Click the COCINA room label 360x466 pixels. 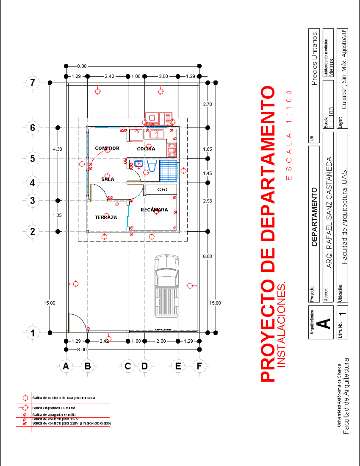click(x=146, y=149)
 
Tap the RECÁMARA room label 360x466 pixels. click(x=154, y=210)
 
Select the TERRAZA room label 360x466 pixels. click(x=106, y=217)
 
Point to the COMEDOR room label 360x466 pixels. click(x=107, y=148)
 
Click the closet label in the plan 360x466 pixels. click(x=162, y=189)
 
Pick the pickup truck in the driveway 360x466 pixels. click(x=167, y=286)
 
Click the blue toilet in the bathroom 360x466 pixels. click(x=152, y=166)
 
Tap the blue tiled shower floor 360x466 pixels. click(x=168, y=171)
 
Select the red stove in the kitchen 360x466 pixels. click(x=172, y=150)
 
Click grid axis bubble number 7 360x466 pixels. click(x=33, y=83)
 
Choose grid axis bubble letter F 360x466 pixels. click(x=199, y=366)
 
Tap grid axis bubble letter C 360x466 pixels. click(x=128, y=366)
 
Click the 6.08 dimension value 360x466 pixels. click(x=207, y=256)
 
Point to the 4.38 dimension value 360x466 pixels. click(x=57, y=149)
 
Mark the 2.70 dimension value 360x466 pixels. click(x=207, y=104)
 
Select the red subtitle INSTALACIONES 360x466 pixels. click(x=281, y=324)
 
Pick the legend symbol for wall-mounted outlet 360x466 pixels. click(x=24, y=408)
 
